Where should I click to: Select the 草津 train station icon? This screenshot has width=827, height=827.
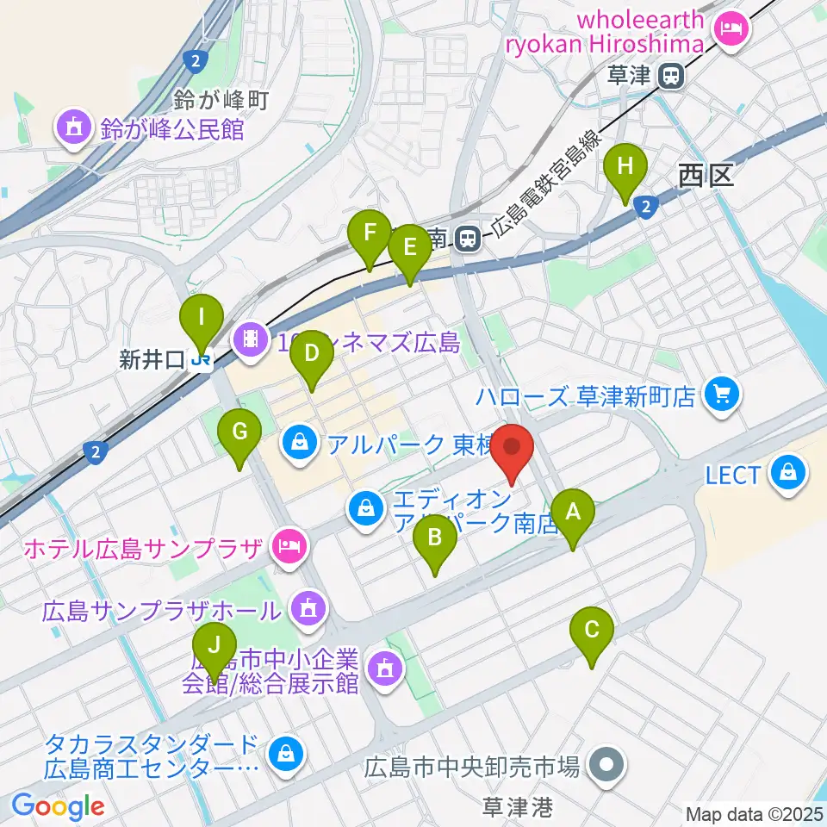[x=669, y=78]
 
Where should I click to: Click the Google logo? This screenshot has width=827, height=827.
[x=59, y=806]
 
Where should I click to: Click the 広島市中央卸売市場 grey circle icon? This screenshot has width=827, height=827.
[x=606, y=764]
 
